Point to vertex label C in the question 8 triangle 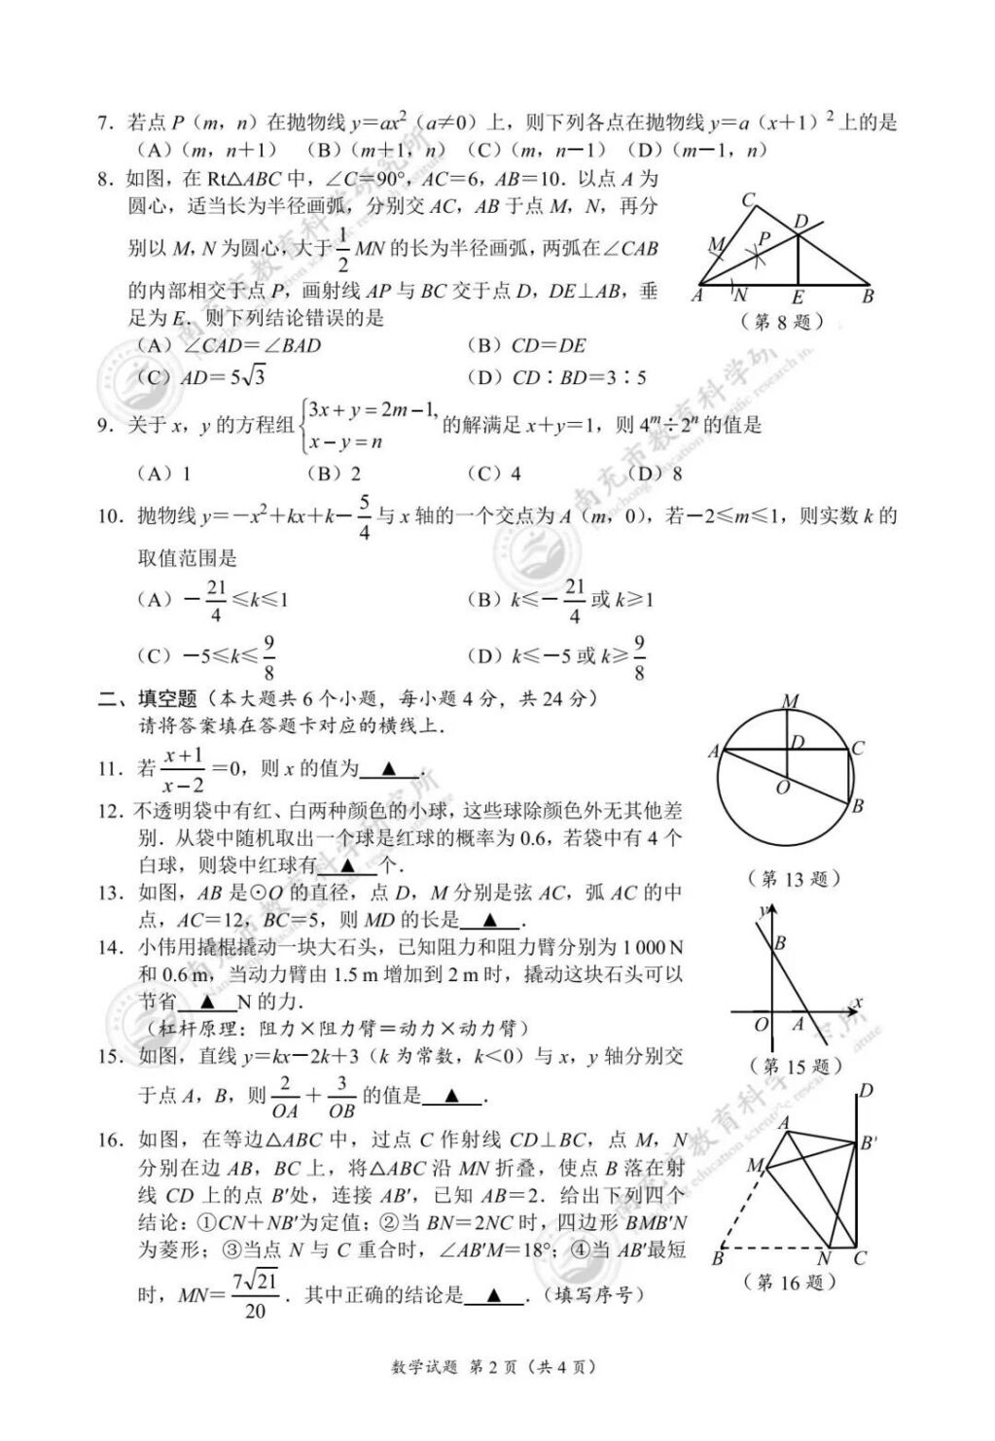tap(748, 200)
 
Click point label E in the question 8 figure tap(797, 298)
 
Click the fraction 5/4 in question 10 tap(364, 516)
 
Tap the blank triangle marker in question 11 tap(388, 769)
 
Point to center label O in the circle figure tap(781, 789)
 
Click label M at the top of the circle tap(790, 702)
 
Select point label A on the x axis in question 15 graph tap(798, 1023)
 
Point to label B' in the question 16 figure tap(869, 1143)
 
